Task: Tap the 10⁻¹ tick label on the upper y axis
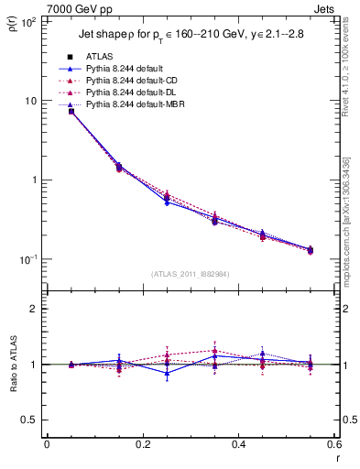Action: click(x=27, y=259)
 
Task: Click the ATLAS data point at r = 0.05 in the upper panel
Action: click(x=71, y=112)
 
